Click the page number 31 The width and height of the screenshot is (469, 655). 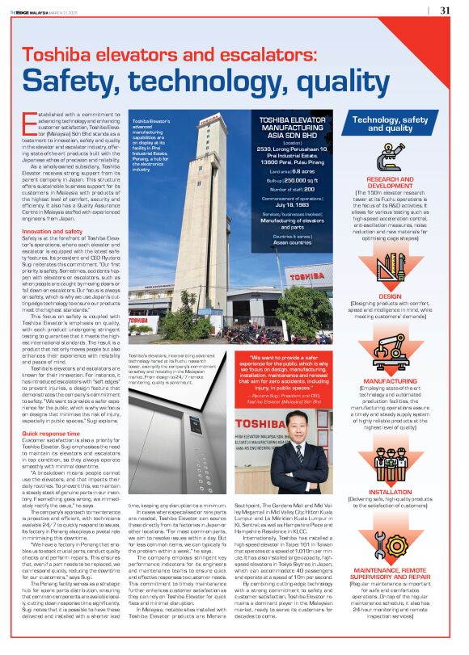(445, 10)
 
